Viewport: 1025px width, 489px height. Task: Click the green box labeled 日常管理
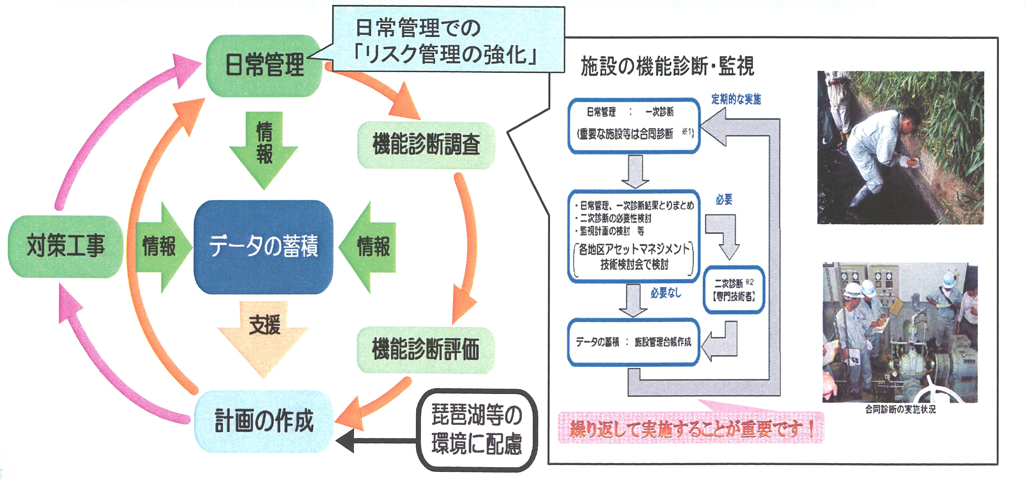pos(264,66)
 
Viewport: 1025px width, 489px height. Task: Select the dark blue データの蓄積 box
pos(263,247)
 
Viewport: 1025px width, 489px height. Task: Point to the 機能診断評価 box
pos(426,350)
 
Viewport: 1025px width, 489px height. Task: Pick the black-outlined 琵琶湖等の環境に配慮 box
pos(477,430)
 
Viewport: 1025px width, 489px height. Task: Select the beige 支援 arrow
pos(263,334)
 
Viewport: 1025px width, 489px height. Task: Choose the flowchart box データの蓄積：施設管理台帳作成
pos(633,342)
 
